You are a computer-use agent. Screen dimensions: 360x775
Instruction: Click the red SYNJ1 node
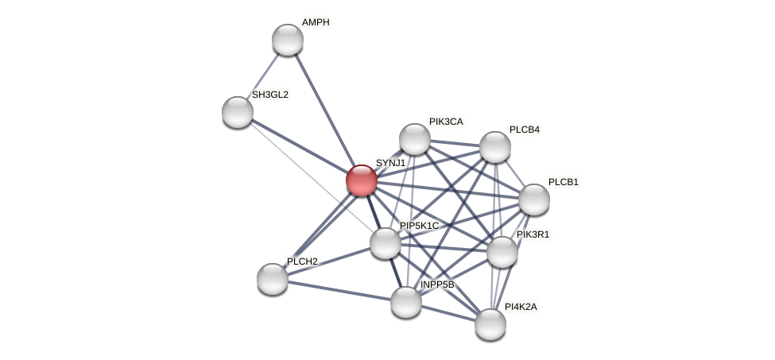point(361,180)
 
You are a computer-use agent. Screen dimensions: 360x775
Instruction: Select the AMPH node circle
point(287,40)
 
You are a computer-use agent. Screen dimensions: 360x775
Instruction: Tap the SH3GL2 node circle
point(237,112)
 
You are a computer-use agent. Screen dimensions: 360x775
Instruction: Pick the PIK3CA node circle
point(414,139)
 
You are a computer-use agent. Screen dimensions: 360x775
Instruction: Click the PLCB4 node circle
point(494,147)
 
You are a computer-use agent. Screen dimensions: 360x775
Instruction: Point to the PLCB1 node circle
point(533,199)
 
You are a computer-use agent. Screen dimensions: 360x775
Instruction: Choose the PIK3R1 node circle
point(502,252)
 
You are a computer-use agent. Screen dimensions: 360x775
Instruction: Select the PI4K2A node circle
point(490,323)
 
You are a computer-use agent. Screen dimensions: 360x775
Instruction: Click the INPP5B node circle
point(405,302)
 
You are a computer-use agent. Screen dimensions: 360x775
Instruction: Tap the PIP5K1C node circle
point(385,243)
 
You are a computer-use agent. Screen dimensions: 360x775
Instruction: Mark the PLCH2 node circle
point(272,279)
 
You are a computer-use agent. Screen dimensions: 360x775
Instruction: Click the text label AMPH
point(315,22)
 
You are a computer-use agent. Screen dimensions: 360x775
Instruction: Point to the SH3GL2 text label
point(270,95)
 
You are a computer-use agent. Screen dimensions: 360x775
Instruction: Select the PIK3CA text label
point(445,122)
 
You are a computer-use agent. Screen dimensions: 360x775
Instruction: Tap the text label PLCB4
point(525,130)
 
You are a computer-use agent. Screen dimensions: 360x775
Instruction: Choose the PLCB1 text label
point(564,182)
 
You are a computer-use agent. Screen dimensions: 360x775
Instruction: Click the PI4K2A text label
point(521,306)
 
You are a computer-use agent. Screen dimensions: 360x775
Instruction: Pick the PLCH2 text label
point(302,261)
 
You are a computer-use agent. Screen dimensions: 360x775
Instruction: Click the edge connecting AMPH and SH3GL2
point(262,75)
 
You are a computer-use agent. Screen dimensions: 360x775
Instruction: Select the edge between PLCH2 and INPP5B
point(339,290)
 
